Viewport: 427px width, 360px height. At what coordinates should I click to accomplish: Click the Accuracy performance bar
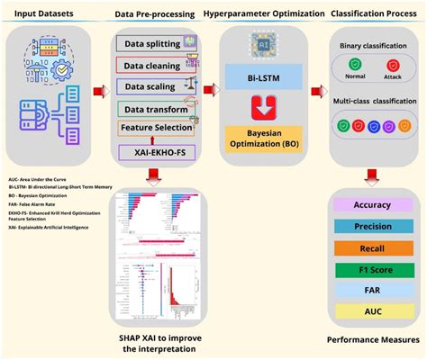coord(371,204)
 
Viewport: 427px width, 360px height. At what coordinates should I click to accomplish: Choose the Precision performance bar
coord(371,226)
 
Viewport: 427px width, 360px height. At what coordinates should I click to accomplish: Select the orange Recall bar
coord(371,247)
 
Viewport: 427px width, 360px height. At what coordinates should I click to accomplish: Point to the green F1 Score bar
coord(371,269)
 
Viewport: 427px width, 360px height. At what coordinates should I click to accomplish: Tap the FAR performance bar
coord(371,291)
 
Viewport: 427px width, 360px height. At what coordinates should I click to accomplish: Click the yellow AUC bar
coord(371,312)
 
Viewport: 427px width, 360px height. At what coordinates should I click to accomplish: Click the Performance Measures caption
coord(373,339)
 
